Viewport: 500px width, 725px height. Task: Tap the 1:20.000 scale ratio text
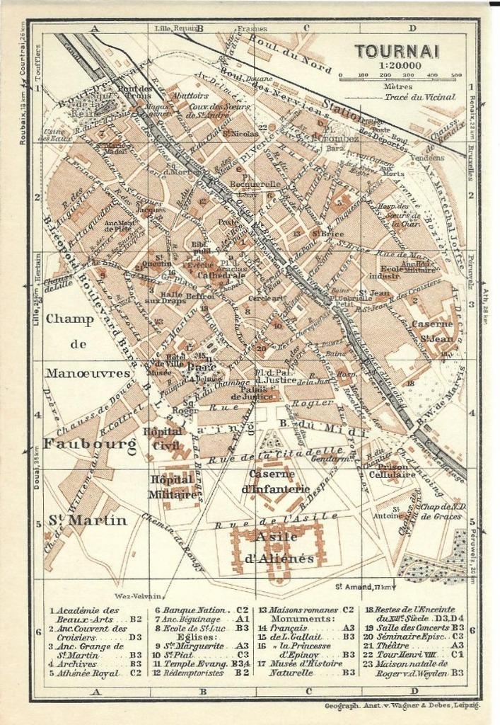400,65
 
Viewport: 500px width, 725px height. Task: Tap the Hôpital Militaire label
172,487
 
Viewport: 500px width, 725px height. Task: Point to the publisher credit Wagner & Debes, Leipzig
402,706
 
